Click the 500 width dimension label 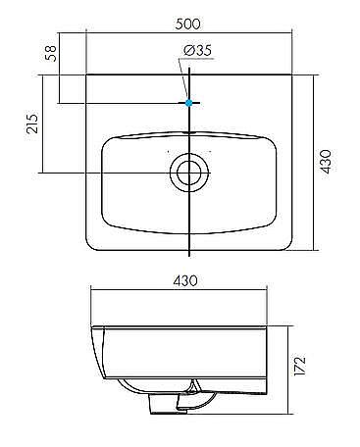point(187,25)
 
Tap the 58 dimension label point(51,53)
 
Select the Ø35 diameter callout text point(197,50)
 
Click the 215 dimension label point(32,124)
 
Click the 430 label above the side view point(185,280)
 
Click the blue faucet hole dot point(188,103)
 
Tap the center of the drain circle point(189,173)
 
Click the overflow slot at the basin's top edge point(189,133)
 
